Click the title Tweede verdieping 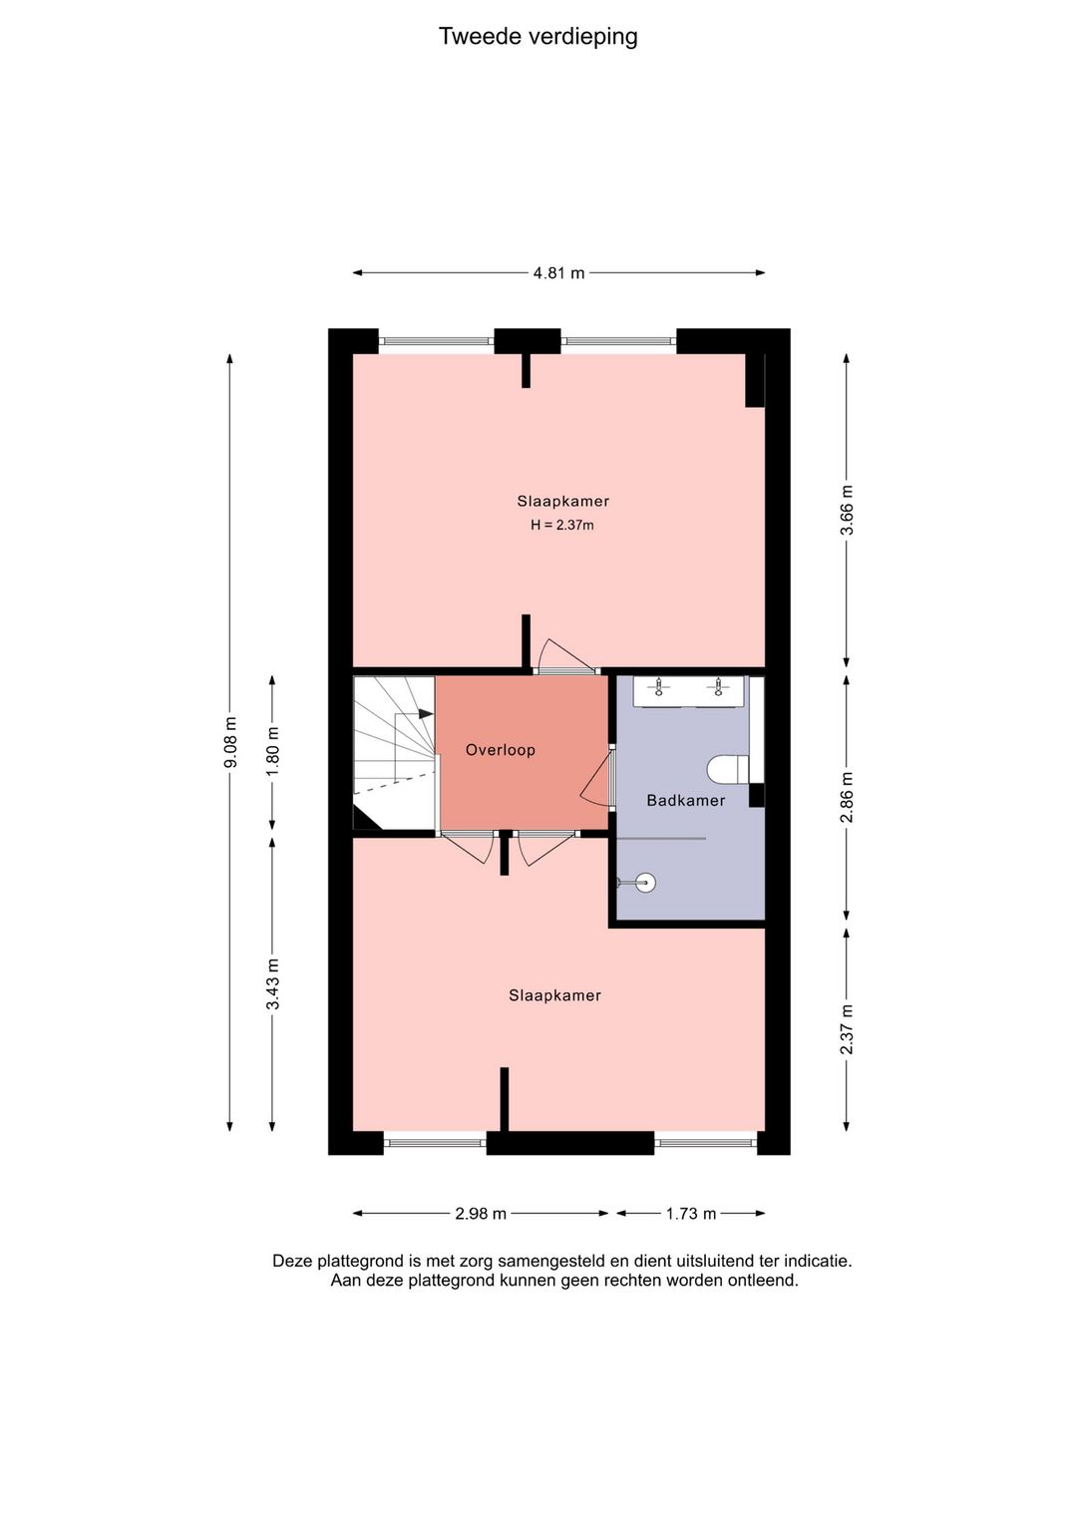538,37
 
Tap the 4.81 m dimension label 558,273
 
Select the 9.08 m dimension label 230,742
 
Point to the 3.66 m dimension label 847,510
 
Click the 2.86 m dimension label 847,797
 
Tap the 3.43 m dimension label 272,984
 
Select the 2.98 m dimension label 481,1214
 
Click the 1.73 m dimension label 690,1214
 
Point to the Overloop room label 501,750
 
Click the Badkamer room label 686,801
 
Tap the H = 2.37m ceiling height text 562,526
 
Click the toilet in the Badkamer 728,771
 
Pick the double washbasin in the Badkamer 689,692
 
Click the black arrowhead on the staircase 426,714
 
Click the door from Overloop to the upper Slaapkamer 566,655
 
